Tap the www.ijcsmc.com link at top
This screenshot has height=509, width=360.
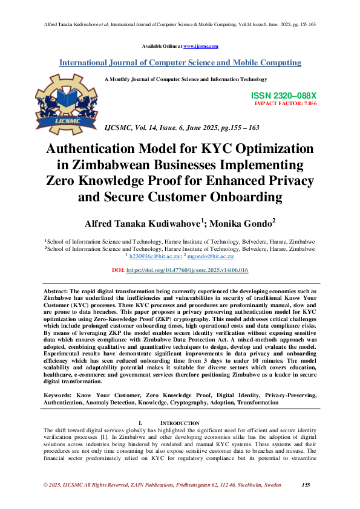tap(200, 46)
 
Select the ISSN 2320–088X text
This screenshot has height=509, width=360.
tap(283, 96)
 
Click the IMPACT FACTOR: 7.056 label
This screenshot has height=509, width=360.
tap(285, 103)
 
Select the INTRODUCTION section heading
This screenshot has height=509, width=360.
tap(179, 423)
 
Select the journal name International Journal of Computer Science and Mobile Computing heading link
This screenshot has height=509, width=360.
tap(180, 62)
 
